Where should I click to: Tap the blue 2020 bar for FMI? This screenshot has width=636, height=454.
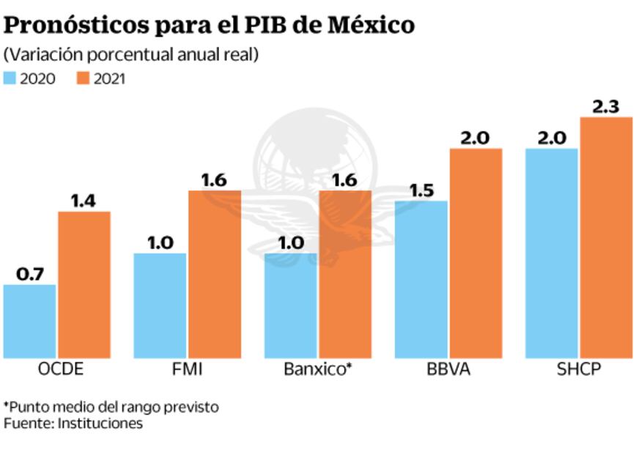point(160,305)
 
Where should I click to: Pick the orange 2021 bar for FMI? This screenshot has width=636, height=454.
point(215,274)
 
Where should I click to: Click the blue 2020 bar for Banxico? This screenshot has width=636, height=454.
point(290,305)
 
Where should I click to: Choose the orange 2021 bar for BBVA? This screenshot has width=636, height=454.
point(476,253)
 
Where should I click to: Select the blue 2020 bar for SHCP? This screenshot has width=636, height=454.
point(552,253)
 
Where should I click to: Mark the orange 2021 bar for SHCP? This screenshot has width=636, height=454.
point(606,237)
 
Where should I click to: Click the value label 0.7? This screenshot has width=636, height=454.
point(30,274)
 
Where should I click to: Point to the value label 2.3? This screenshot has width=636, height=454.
point(606,106)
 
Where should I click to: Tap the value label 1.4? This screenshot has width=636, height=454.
point(84,200)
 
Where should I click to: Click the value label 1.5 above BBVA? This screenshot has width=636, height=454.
point(421,190)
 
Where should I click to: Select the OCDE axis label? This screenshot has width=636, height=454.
point(60,370)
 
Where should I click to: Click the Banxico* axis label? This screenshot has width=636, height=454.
point(318,370)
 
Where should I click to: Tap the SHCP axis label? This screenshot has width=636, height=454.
point(578,370)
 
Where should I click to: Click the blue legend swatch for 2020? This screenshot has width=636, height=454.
point(10,78)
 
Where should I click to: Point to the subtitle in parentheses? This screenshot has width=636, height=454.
point(131,56)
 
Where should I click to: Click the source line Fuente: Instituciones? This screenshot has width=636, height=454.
point(73,423)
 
